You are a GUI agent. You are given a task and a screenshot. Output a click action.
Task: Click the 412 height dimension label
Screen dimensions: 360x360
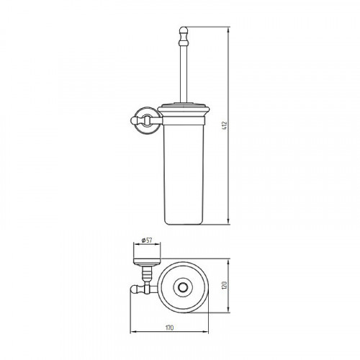pos(225,125)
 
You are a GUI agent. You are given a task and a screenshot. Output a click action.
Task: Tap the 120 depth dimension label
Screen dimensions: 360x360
pos(225,285)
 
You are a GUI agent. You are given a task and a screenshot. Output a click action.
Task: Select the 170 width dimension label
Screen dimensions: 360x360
pos(169,328)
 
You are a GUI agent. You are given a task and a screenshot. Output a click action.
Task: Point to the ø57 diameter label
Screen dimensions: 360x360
pos(147,240)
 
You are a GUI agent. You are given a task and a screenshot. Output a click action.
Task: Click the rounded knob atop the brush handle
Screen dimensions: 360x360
pos(184,31)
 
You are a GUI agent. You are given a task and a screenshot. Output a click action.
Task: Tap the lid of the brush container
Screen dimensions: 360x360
pos(184,110)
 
